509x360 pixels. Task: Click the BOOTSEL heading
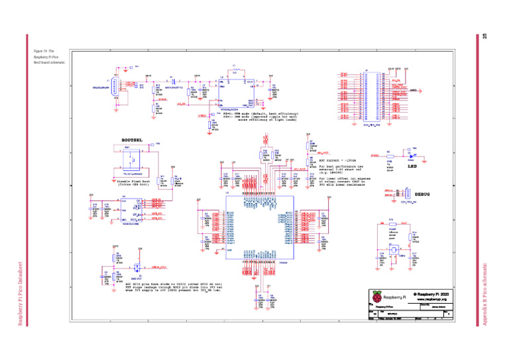coord(133,140)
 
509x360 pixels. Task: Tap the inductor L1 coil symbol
coord(234,70)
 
